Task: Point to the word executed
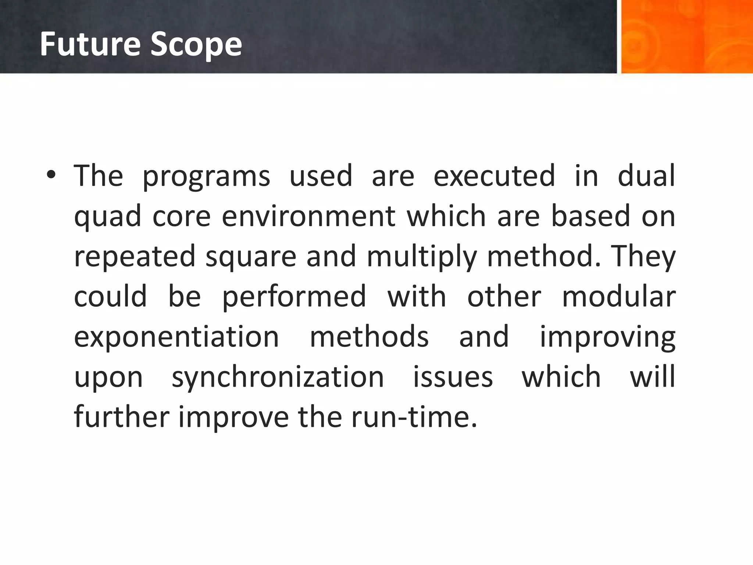pyautogui.click(x=494, y=176)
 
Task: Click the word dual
pyautogui.click(x=646, y=176)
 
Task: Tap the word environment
pyautogui.click(x=308, y=216)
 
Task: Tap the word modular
pyautogui.click(x=619, y=296)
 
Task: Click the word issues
pyautogui.click(x=453, y=377)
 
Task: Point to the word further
pyautogui.click(x=121, y=417)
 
